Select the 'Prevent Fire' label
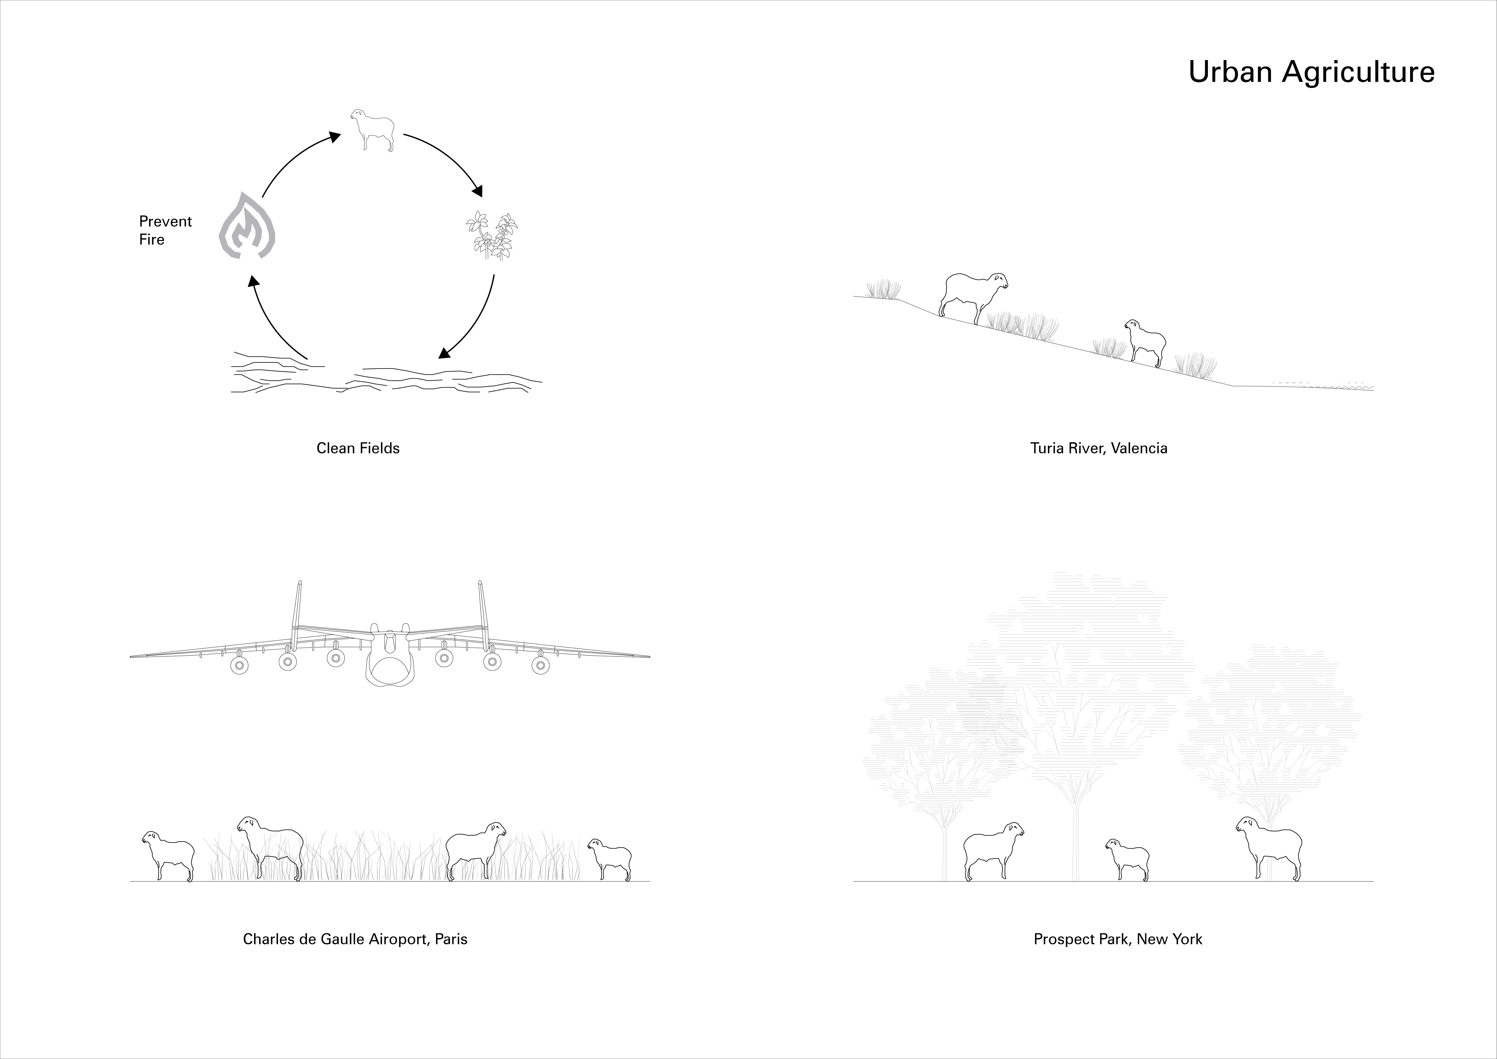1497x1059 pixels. pyautogui.click(x=165, y=230)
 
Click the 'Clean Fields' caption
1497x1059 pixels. pyautogui.click(x=358, y=448)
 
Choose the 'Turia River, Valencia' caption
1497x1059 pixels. pyautogui.click(x=1099, y=448)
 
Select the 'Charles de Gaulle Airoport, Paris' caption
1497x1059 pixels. pyautogui.click(x=355, y=939)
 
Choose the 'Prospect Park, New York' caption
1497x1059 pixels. pyautogui.click(x=1117, y=939)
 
